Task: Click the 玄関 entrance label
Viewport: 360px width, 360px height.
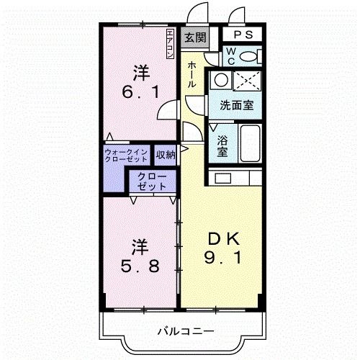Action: (x=195, y=37)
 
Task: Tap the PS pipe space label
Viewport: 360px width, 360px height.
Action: (x=243, y=35)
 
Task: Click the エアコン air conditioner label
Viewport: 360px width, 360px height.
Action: (x=170, y=44)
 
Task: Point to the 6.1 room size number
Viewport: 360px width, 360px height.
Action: (x=140, y=92)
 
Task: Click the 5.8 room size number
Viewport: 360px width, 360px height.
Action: (x=140, y=266)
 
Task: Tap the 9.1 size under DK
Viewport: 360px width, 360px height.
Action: (x=222, y=257)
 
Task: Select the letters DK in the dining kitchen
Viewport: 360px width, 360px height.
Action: (x=224, y=238)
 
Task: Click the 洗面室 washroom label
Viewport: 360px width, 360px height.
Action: (x=237, y=105)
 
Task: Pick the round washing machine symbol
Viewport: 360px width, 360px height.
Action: (x=221, y=80)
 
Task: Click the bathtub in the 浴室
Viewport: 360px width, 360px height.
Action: (x=250, y=143)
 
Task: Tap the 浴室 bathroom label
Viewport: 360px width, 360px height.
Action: (x=222, y=146)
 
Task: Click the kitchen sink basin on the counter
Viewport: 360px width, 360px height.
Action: (x=223, y=178)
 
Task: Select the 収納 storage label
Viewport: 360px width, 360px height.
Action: (x=166, y=155)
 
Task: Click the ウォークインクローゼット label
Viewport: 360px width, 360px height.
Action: (x=126, y=156)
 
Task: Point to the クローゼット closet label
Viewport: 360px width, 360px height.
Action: (x=152, y=181)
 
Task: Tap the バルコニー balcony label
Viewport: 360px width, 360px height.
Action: (x=185, y=332)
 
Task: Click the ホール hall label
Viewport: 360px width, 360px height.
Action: (x=192, y=74)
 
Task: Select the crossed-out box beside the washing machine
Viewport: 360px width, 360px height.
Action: (x=247, y=81)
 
